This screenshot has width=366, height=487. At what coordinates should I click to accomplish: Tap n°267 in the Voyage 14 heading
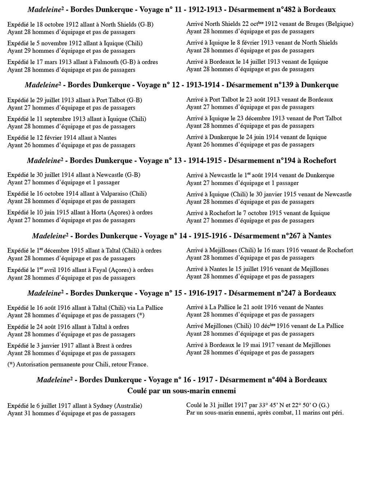click(x=289, y=236)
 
